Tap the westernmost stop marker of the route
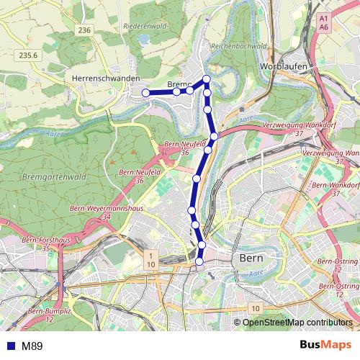[x=145, y=92]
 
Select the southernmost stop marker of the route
[x=199, y=262]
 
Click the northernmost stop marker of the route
[x=207, y=79]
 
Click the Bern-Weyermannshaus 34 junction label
[x=101, y=212]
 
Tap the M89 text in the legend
[x=32, y=346]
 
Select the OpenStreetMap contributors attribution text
[x=297, y=323]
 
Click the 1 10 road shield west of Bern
[x=150, y=259]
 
